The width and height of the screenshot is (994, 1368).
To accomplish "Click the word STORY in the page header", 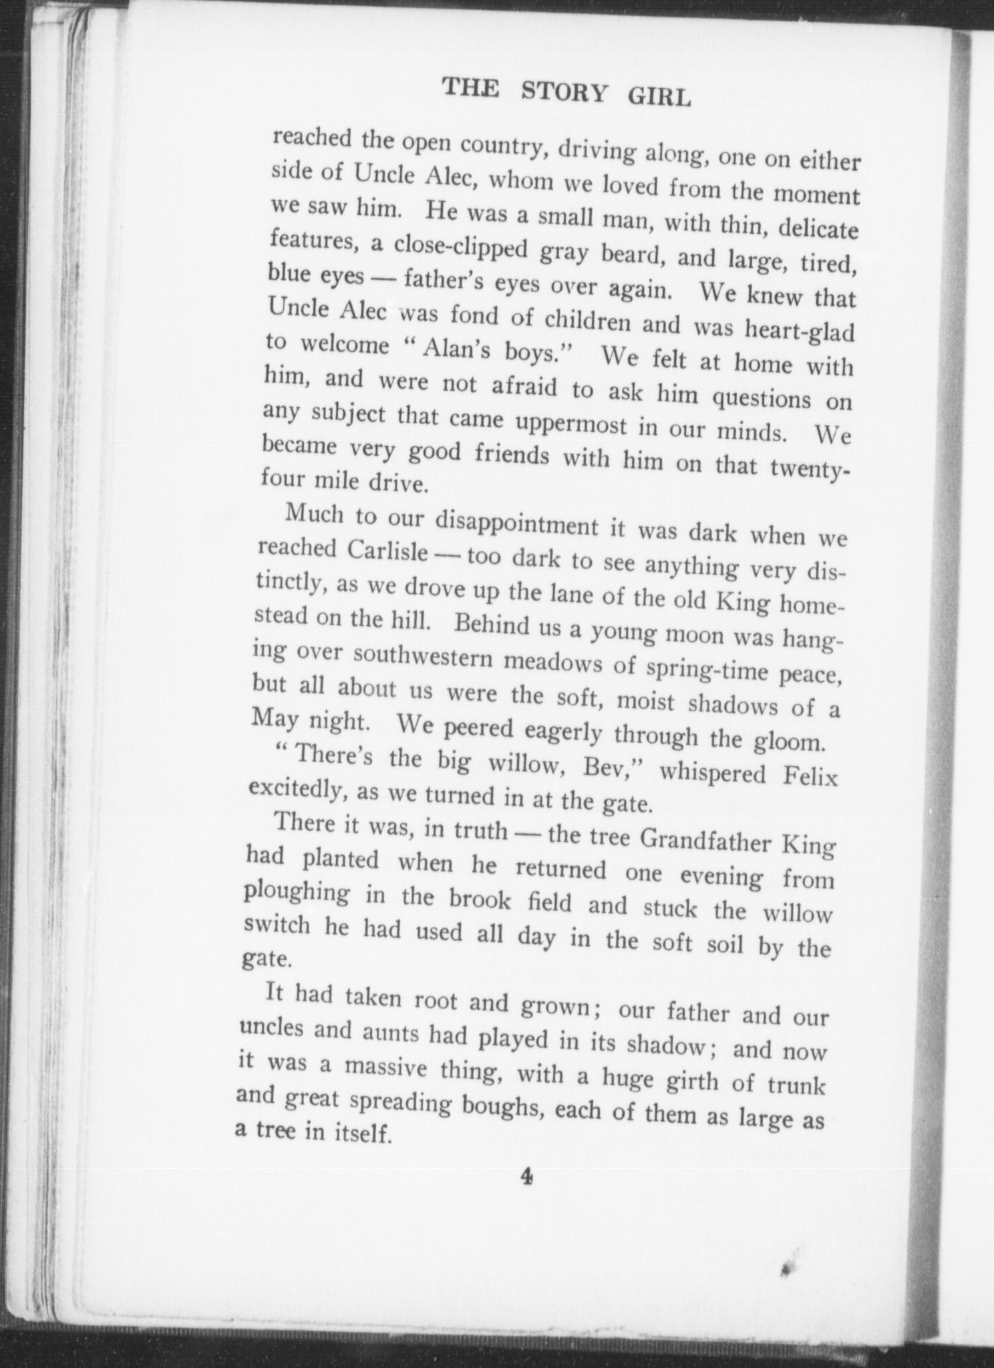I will pos(564,94).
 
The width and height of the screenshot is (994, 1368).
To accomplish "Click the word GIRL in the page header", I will pos(659,98).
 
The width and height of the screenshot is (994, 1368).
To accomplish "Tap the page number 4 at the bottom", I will pos(527,1194).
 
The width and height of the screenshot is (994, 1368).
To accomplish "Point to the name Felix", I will pos(805,778).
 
